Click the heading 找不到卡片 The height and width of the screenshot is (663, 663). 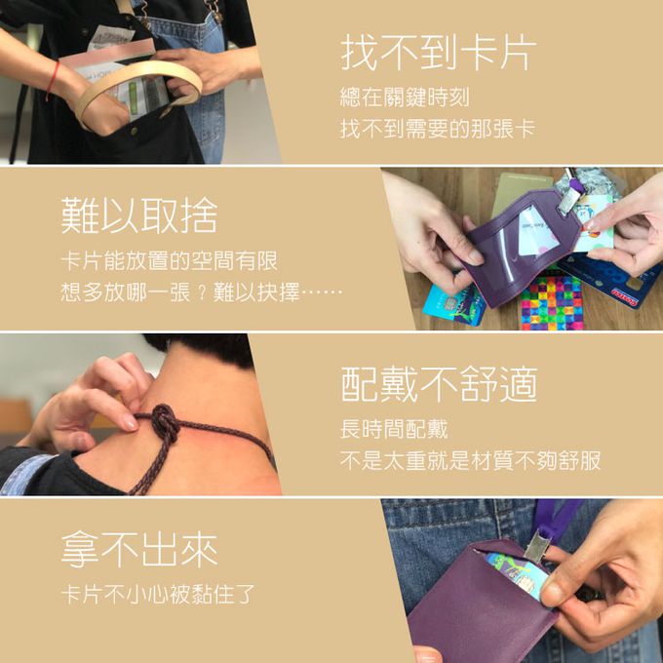[439, 53]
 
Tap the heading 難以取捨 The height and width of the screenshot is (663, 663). [139, 215]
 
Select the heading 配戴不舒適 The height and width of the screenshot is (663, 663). [439, 384]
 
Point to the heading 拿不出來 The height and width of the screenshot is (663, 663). [139, 549]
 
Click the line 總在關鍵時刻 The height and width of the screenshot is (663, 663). [405, 97]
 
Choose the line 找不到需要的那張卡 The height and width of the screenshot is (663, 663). [438, 129]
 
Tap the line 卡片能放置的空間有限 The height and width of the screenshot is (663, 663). [169, 260]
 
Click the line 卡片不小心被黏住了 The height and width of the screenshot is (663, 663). [158, 594]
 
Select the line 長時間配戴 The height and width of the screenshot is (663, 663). [394, 429]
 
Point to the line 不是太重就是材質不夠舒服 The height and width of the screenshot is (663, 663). [470, 461]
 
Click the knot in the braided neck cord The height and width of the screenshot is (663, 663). [166, 421]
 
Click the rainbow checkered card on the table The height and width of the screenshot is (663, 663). [552, 302]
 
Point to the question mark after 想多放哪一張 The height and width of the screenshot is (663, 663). [202, 293]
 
